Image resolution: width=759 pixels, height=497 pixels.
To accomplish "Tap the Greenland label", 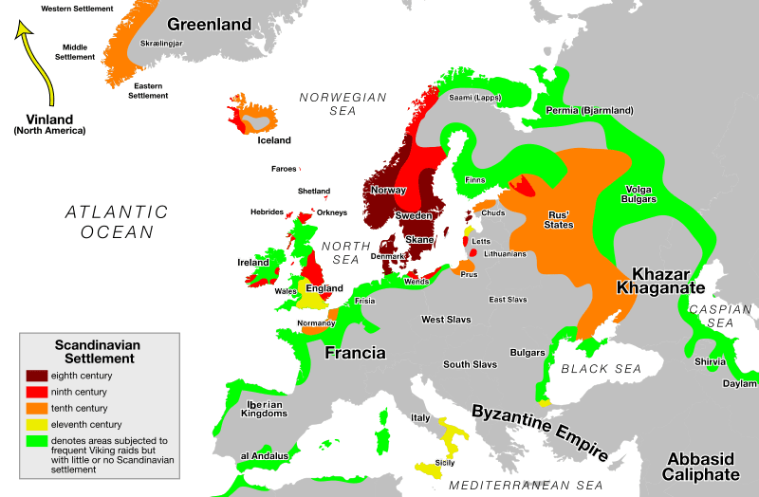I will point(209,25).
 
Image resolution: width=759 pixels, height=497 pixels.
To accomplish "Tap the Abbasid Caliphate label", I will point(700,467).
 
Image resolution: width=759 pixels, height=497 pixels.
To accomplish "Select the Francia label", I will point(355,353).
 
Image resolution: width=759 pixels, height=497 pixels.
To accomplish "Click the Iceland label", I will point(274,140).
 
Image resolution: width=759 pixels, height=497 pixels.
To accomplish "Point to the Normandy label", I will point(316,323).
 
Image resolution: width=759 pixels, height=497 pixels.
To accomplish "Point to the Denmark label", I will point(387,256).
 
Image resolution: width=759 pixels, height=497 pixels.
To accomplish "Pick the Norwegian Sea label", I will point(342,104).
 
